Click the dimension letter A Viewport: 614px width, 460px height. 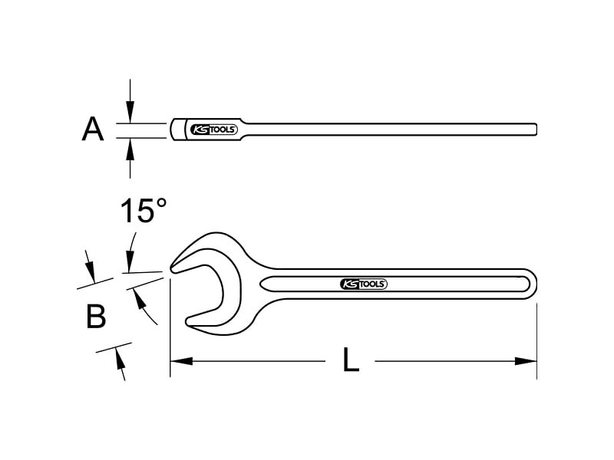[93, 129]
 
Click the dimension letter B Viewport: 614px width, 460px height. [96, 317]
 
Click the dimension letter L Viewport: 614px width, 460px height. [351, 360]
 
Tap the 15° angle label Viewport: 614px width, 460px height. [144, 211]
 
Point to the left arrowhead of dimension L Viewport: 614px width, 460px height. [182, 360]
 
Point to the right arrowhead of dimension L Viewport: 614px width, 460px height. [525, 361]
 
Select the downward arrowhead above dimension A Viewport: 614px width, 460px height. [130, 112]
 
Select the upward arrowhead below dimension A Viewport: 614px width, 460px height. [130, 149]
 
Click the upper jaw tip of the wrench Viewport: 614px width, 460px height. [172, 269]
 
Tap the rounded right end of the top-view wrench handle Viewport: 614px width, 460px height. [536, 130]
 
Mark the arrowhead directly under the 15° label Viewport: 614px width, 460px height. [130, 261]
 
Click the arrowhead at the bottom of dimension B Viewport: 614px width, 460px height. [120, 359]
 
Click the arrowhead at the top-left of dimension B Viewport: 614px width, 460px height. [90, 271]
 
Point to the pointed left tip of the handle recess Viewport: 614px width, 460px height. [261, 284]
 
